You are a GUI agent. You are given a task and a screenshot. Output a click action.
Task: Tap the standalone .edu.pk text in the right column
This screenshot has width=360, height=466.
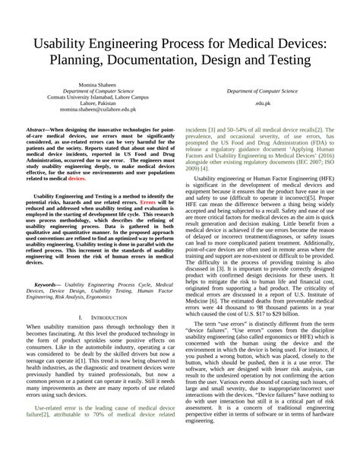pos(264,103)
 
